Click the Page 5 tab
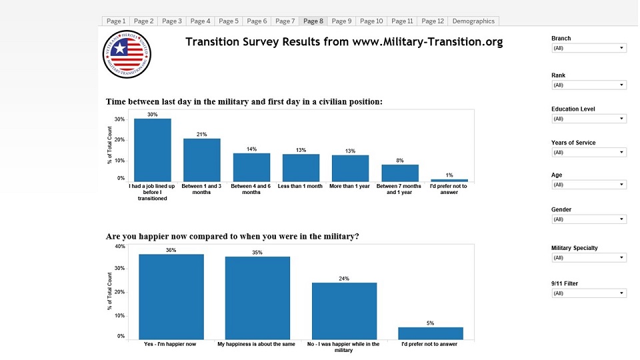pos(228,21)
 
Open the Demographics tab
pos(473,21)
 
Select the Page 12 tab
pos(433,21)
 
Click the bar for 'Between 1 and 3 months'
pos(202,160)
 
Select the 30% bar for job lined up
pos(153,150)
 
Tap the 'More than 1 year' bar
pos(351,168)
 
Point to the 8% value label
pos(400,160)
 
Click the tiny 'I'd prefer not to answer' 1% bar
pos(449,180)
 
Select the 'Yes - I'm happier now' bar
pos(171,297)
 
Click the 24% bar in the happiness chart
pos(344,311)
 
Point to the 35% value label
pos(257,253)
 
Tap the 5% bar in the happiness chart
pos(431,333)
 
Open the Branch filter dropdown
pos(589,48)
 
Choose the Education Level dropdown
pos(589,119)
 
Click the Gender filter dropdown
pos(589,219)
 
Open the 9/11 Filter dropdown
pos(589,293)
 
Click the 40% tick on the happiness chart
pos(120,247)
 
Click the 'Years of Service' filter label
pos(573,143)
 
